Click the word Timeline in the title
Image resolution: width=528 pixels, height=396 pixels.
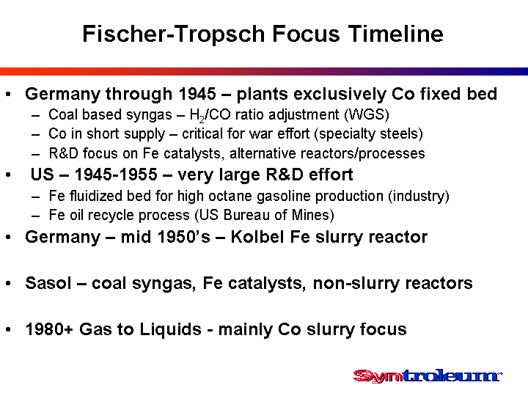[396, 34]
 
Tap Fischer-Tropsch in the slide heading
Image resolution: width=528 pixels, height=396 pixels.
[174, 34]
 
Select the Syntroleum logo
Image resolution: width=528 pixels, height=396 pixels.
[428, 376]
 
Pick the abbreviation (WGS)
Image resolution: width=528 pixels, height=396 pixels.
[367, 115]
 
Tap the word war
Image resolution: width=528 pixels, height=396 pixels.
[263, 134]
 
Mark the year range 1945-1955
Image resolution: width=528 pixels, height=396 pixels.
[116, 175]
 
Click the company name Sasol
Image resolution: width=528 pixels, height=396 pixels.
[48, 283]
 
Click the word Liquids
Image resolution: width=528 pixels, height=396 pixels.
[170, 329]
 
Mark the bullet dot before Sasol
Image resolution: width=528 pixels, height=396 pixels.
[8, 284]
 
